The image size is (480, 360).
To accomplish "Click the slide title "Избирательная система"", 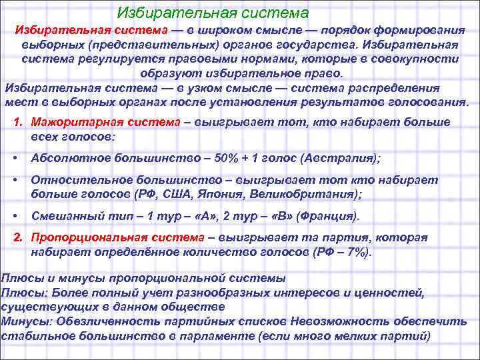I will point(213,13).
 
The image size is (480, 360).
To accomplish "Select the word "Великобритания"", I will point(307,195).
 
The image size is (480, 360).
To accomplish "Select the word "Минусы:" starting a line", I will point(26,321).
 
